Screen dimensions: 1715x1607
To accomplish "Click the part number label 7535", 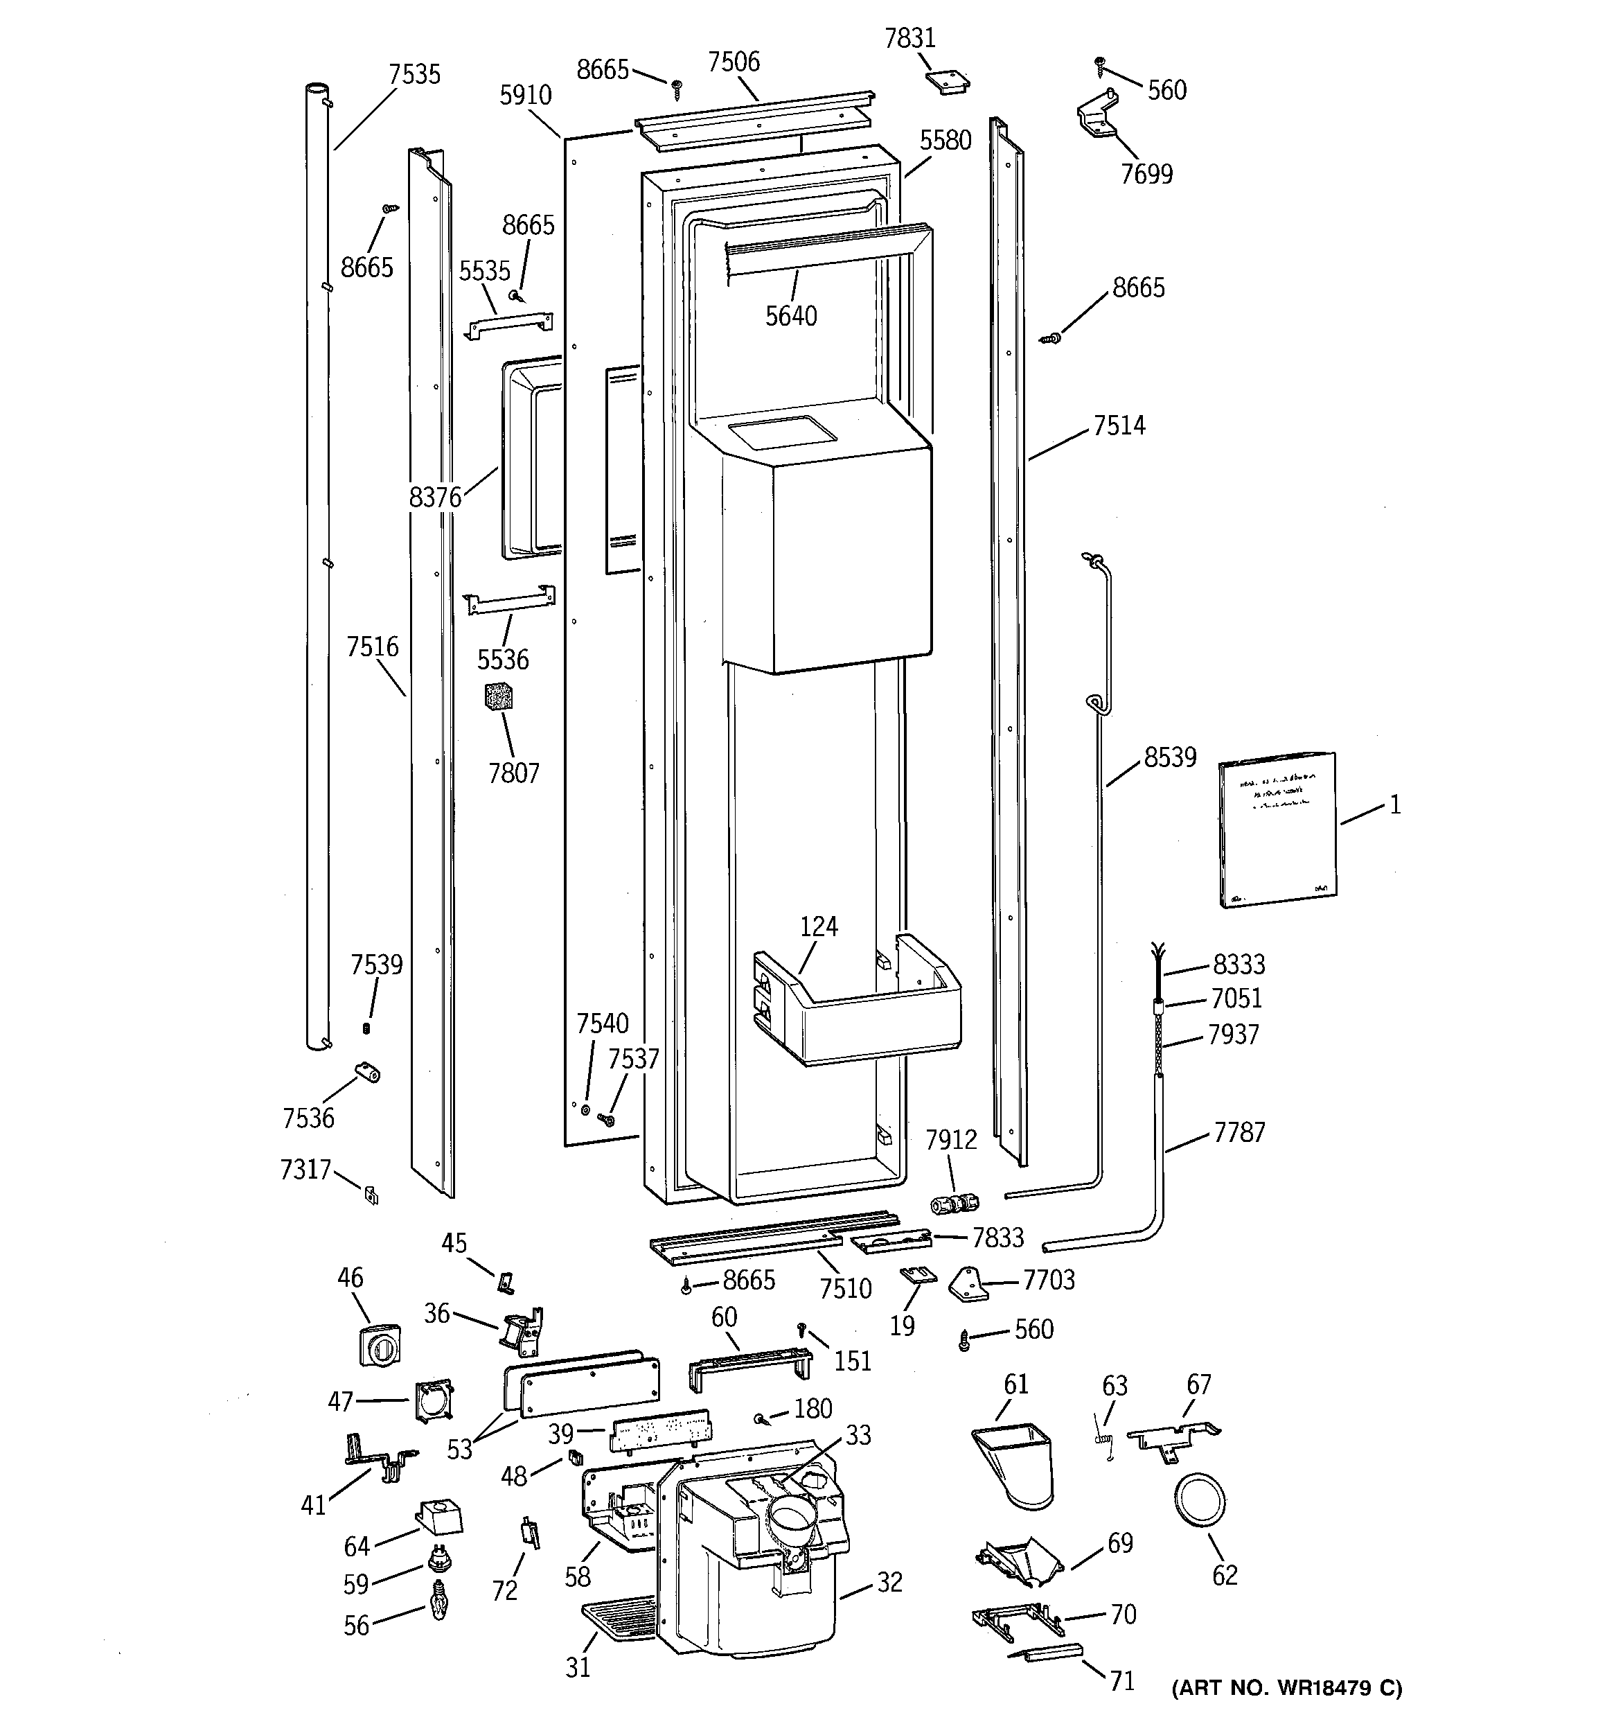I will (414, 75).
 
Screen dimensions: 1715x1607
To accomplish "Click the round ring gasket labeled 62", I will (1200, 1502).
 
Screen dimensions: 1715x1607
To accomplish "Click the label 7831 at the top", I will (910, 39).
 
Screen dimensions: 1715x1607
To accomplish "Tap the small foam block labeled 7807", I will (499, 695).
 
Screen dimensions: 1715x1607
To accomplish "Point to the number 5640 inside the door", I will (791, 317).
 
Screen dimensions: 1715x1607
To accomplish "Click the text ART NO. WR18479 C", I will (1286, 1687).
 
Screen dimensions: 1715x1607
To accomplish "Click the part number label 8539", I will (1170, 757).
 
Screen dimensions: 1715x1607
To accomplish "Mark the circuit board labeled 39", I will (660, 1434).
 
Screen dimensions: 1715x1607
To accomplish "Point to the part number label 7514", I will (1119, 426).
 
